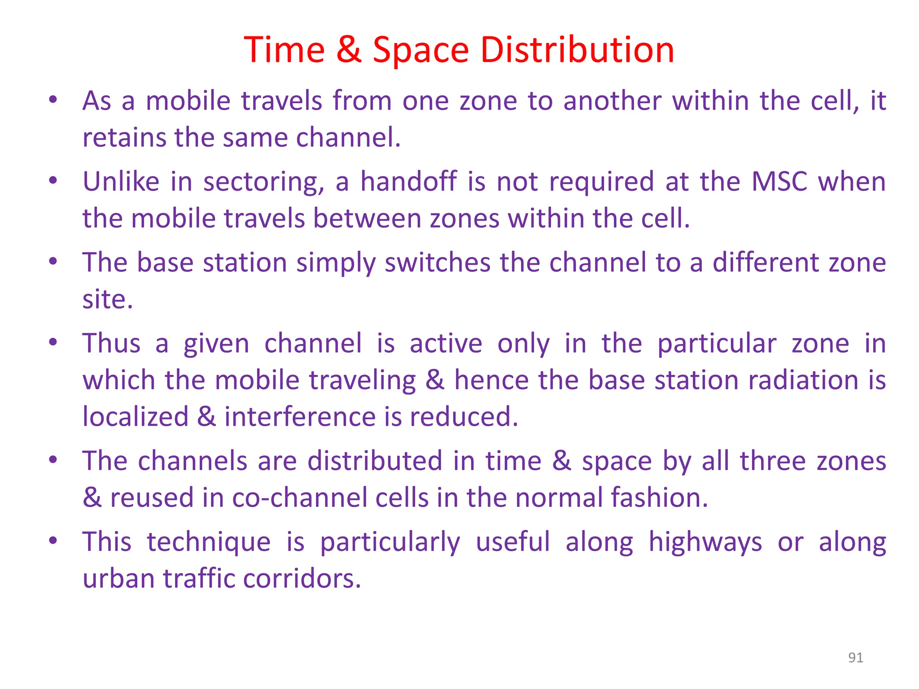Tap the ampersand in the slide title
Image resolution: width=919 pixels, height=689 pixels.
coord(349,49)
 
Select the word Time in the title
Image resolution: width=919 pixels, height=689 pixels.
coord(284,49)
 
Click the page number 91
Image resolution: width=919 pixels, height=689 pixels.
coord(855,658)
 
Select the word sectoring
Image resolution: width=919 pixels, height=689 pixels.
coord(263,183)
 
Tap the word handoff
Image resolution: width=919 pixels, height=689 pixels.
coord(408,182)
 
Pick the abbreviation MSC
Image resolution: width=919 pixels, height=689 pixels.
coord(779,182)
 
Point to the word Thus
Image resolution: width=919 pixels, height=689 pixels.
coord(111,344)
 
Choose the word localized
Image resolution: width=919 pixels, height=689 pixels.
coord(135,417)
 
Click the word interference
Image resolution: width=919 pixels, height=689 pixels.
coord(299,417)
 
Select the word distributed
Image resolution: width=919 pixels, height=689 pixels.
coord(375,461)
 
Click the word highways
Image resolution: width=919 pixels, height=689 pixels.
coord(705,542)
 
